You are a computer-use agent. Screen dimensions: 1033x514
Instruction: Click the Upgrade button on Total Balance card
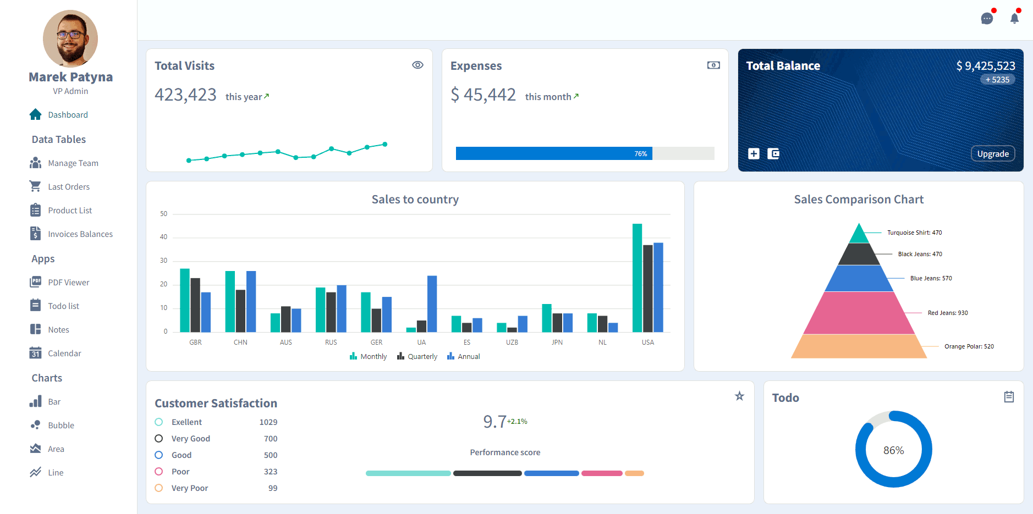[x=993, y=154]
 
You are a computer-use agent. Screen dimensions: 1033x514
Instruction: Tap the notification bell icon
[x=1015, y=18]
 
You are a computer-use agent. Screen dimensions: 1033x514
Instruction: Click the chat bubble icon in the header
[x=987, y=19]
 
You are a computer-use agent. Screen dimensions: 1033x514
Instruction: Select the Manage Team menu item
[x=73, y=163]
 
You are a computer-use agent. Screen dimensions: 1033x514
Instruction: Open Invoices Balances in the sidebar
[x=80, y=234]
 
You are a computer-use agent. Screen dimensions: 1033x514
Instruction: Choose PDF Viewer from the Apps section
[x=69, y=283]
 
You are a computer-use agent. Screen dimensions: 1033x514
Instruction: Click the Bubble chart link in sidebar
[x=61, y=425]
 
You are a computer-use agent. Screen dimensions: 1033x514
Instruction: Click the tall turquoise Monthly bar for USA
[x=637, y=278]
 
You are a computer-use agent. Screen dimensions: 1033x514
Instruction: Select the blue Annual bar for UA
[x=432, y=304]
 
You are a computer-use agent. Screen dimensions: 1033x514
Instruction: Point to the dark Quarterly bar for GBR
[x=195, y=305]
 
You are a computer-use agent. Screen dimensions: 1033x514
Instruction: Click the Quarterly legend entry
[x=417, y=356]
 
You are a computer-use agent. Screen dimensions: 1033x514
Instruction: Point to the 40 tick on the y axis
[x=163, y=237]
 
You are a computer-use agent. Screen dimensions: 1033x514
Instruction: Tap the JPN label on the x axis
[x=557, y=342]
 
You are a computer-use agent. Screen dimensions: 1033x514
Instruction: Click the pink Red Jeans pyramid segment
[x=859, y=313]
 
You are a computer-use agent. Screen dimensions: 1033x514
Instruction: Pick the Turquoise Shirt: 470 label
[x=914, y=233]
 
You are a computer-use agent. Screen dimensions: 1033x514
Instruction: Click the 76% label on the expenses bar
[x=641, y=154]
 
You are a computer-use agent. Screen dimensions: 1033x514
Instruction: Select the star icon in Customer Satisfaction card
[x=740, y=396]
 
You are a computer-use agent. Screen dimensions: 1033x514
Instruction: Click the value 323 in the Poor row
[x=271, y=472]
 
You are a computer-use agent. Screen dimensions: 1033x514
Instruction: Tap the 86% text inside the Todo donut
[x=894, y=450]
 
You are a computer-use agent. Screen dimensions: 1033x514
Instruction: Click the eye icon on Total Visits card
[x=418, y=65]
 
